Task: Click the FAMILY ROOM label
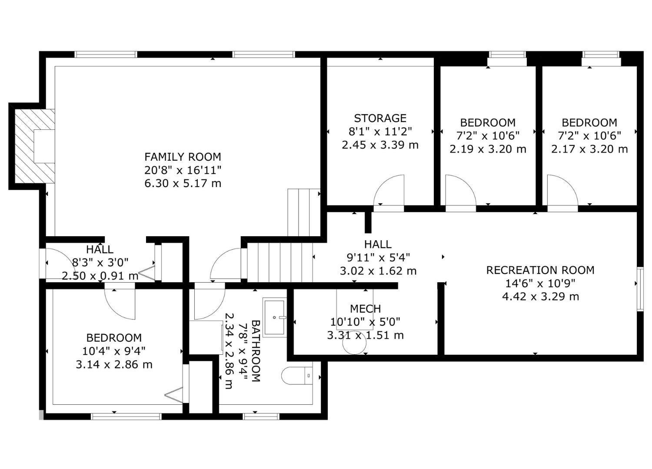(x=183, y=157)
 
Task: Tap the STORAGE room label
(x=380, y=118)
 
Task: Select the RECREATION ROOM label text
(x=540, y=270)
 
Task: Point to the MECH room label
(x=365, y=309)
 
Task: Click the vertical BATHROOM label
(x=256, y=351)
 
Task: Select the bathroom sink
(x=275, y=317)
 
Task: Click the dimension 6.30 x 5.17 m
(x=183, y=183)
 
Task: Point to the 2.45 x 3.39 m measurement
(x=380, y=145)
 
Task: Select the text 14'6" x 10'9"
(x=540, y=284)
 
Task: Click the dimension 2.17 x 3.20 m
(x=589, y=149)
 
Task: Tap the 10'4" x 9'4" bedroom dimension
(x=114, y=351)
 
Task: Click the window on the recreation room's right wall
(x=640, y=289)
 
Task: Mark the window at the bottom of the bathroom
(x=261, y=416)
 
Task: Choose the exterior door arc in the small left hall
(x=56, y=263)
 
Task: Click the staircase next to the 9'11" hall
(x=280, y=262)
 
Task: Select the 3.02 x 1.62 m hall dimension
(x=378, y=271)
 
